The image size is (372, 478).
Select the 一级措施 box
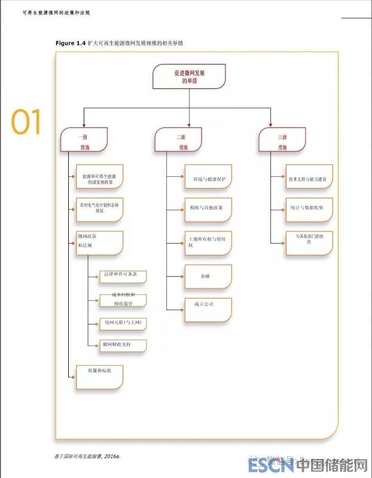(x=84, y=141)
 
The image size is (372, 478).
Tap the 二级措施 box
(x=181, y=141)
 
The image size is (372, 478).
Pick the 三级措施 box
(x=282, y=141)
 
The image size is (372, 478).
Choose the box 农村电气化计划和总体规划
(x=100, y=207)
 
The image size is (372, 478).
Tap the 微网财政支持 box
(x=123, y=345)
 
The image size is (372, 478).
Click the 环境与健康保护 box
(x=207, y=178)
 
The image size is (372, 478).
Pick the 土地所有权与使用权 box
(x=207, y=242)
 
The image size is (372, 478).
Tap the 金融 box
(x=207, y=276)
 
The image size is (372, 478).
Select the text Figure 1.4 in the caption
(x=70, y=43)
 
